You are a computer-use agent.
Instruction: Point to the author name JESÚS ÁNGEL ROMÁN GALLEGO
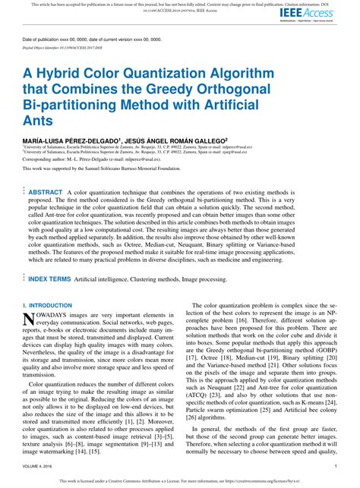tap(177, 140)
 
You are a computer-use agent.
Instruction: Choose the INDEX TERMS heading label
tap(50, 258)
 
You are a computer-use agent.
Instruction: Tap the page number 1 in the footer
tap(335, 467)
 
